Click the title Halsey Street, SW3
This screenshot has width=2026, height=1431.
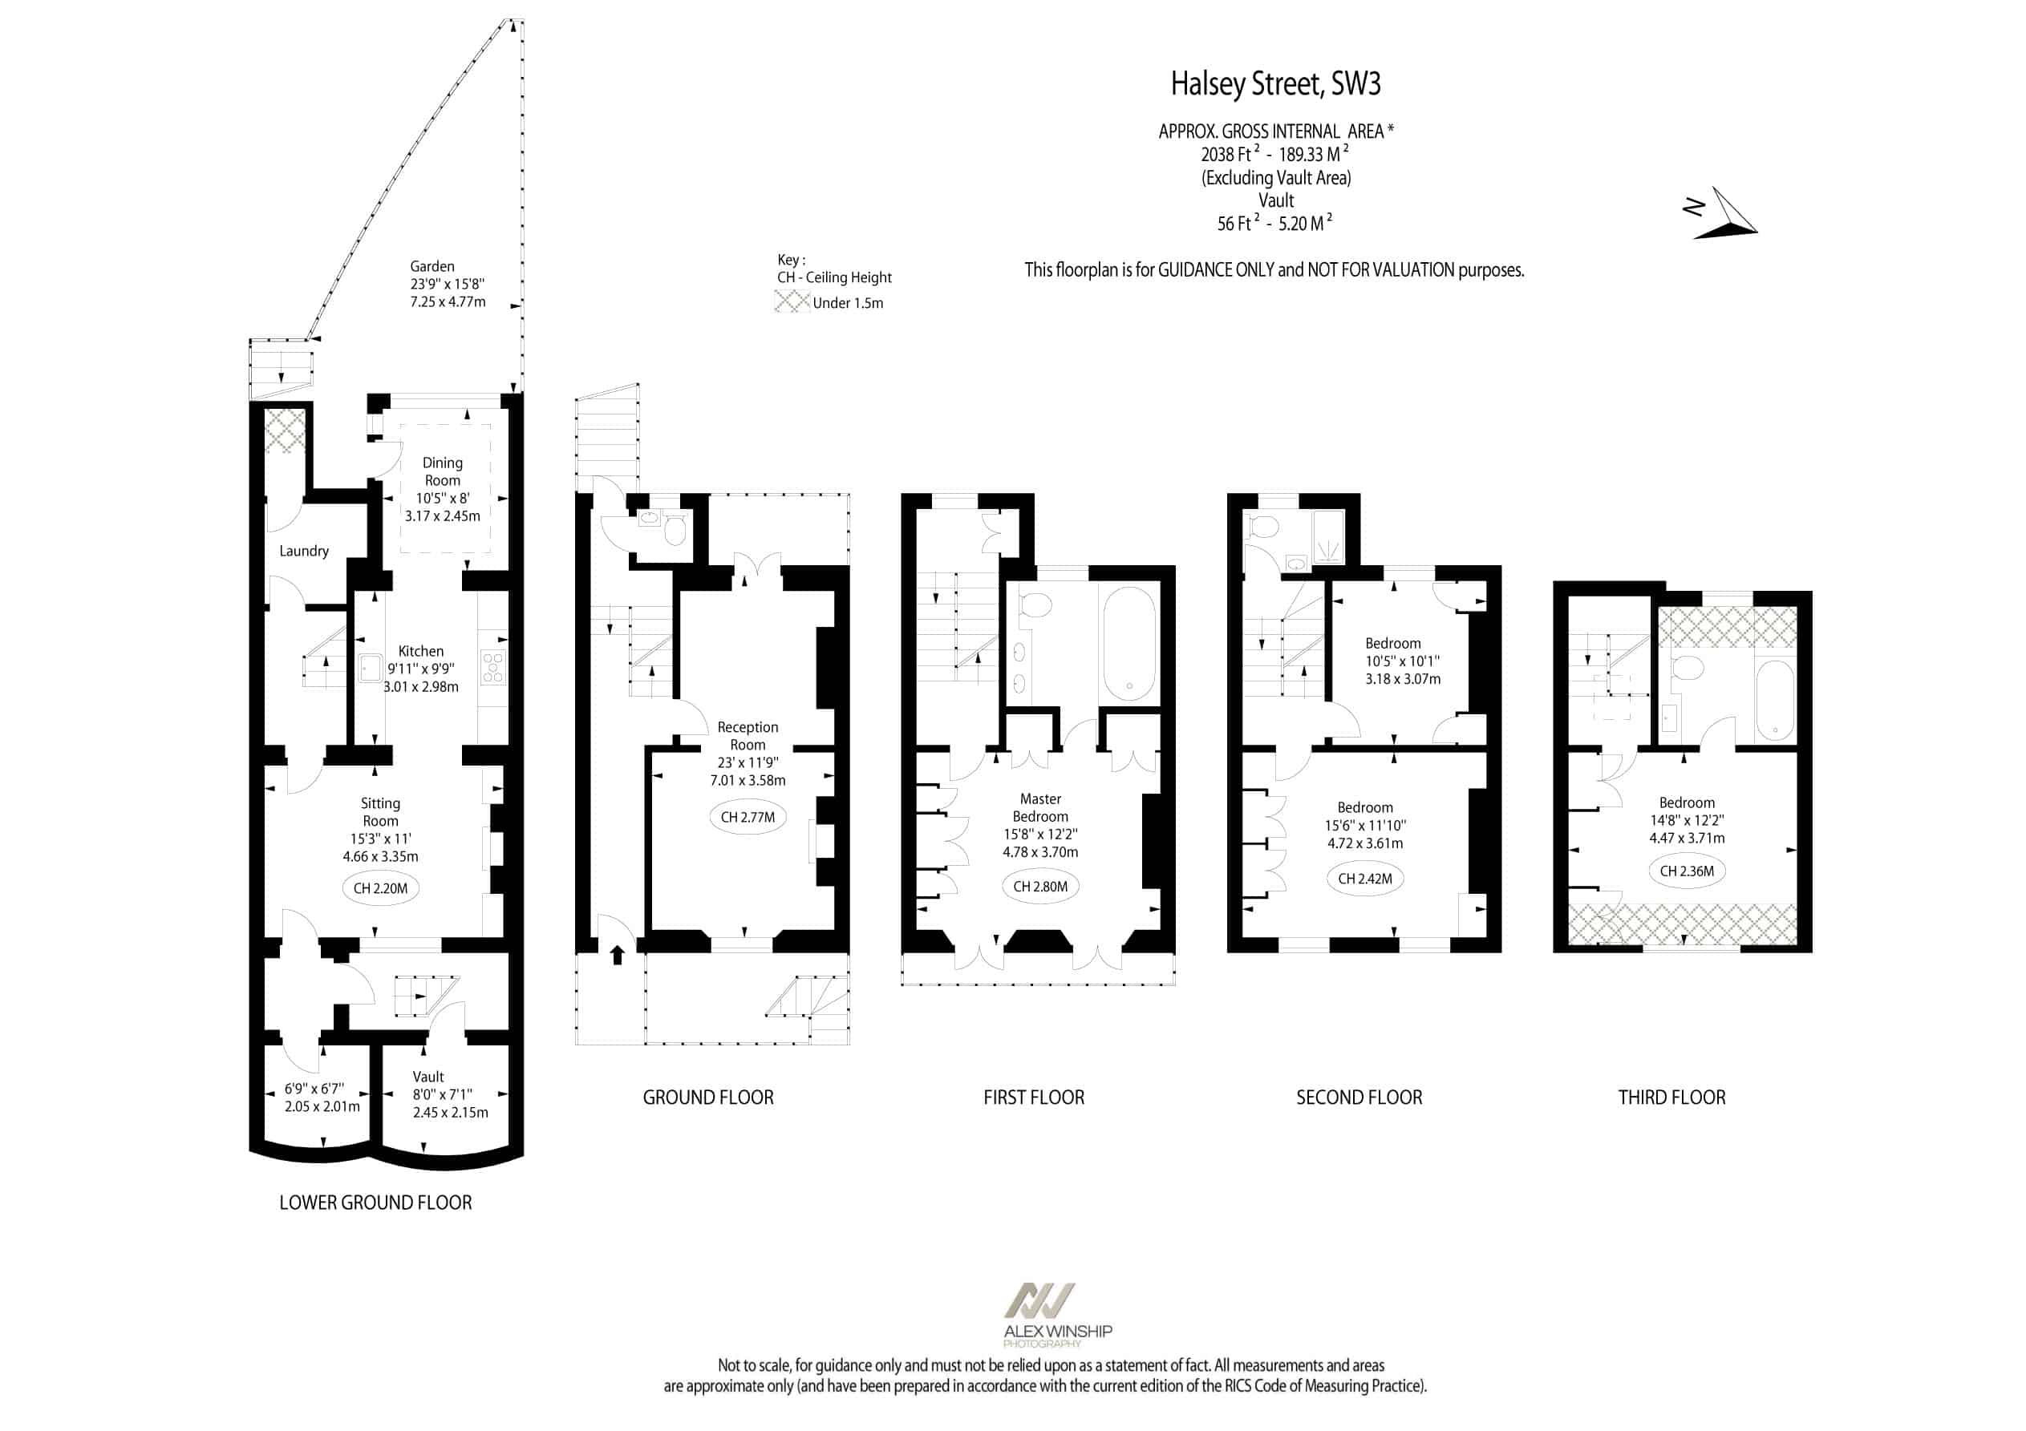(1276, 84)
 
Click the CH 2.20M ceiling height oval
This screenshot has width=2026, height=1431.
(380, 888)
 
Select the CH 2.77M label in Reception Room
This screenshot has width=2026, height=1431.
(748, 817)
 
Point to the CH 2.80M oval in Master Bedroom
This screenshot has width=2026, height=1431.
(1040, 887)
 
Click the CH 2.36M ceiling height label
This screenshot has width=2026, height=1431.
(1686, 871)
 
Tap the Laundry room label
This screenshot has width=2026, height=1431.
(303, 552)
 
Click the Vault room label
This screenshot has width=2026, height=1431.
(428, 1077)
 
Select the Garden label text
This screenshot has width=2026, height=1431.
(432, 266)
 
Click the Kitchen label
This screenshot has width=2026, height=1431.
(421, 651)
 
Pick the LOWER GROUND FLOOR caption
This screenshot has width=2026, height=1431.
(375, 1203)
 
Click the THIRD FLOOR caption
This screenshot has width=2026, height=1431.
(1671, 1098)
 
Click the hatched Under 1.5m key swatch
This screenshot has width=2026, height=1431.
(792, 301)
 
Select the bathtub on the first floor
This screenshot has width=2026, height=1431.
(1129, 645)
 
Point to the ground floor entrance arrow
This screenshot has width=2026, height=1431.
(618, 955)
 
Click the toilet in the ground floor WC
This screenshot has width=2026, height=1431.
(675, 530)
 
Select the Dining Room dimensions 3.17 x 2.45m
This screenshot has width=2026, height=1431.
(442, 516)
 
